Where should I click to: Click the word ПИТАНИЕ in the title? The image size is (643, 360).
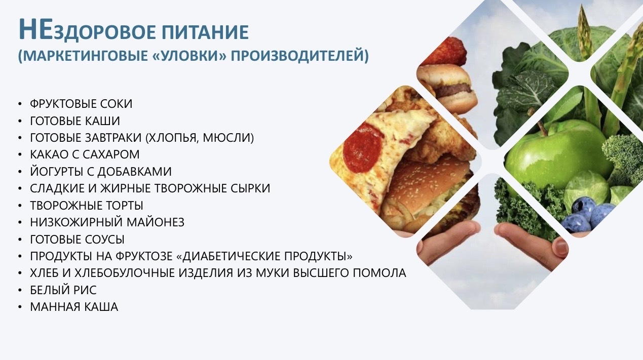[x=205, y=32]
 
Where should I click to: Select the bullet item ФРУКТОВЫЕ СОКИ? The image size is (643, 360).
[x=81, y=104]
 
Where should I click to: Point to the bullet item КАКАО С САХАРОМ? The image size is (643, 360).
[x=85, y=154]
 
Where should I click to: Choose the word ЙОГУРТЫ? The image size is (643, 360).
[x=56, y=172]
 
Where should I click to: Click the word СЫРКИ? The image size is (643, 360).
[x=250, y=188]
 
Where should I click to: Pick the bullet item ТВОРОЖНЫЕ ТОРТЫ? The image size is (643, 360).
[x=87, y=206]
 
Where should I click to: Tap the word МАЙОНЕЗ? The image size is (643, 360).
[x=156, y=222]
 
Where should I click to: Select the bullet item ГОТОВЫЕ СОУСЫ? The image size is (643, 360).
[x=77, y=239]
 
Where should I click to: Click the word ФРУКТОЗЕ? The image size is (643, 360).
[x=144, y=256]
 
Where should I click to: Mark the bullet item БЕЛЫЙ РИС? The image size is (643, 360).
[x=63, y=290]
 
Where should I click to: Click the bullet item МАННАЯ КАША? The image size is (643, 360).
[x=74, y=307]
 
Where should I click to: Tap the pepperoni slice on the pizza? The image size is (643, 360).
[x=363, y=148]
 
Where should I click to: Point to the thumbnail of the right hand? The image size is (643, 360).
[x=560, y=248]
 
